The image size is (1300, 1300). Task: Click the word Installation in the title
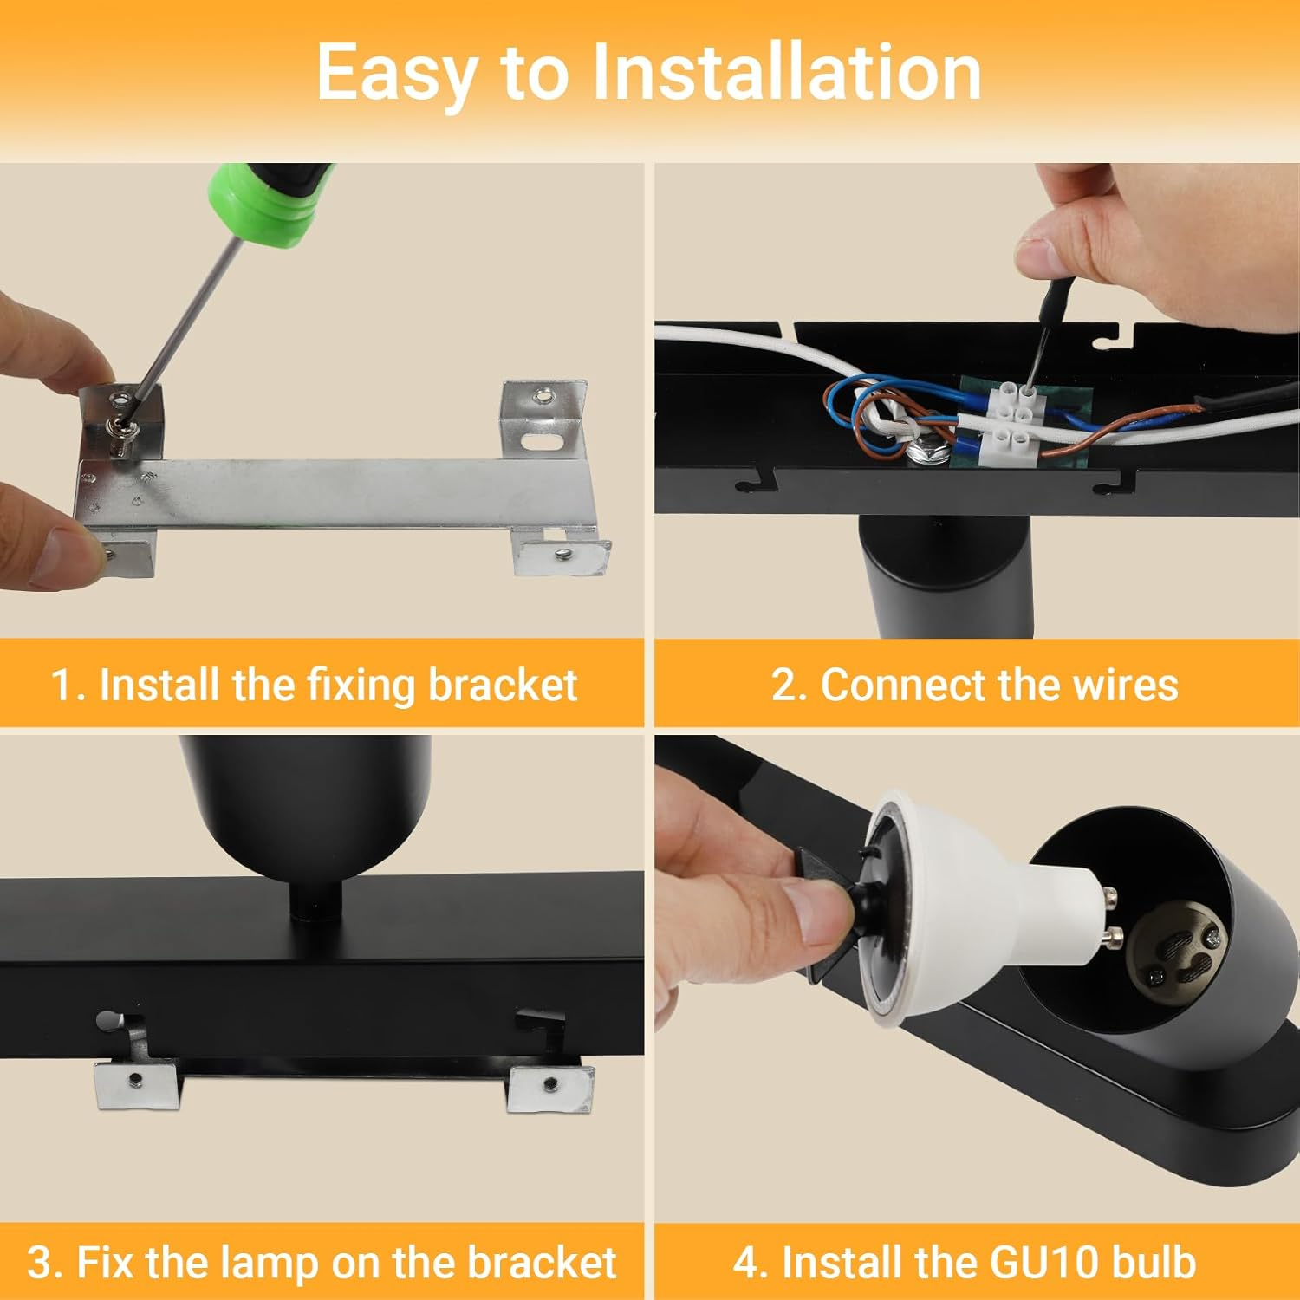pos(786,72)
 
